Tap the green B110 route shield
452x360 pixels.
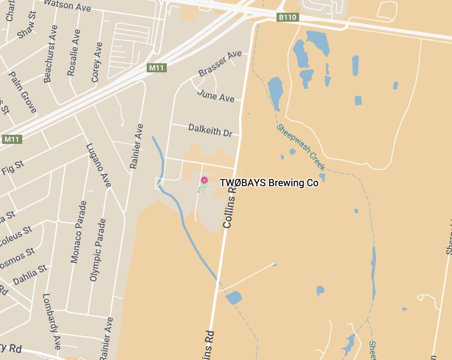click(x=287, y=17)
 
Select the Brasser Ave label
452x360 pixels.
click(x=220, y=63)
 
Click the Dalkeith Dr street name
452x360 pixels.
click(x=210, y=130)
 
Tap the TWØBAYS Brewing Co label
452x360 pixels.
click(x=269, y=183)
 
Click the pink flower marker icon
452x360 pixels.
click(x=204, y=180)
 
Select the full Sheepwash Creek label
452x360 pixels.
click(x=301, y=147)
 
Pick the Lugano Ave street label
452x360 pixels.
click(x=99, y=165)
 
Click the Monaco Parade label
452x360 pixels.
click(x=79, y=232)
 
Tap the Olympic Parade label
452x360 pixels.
click(x=98, y=250)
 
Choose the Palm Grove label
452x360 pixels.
click(x=23, y=92)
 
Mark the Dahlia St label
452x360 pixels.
click(x=30, y=275)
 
